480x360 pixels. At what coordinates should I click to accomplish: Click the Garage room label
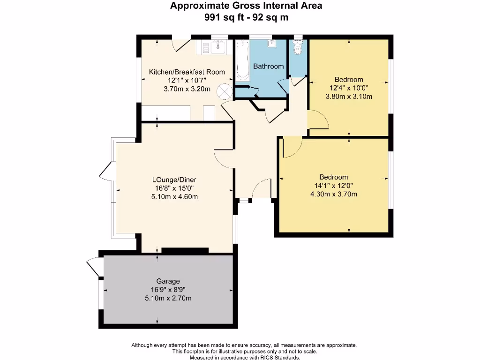click(172, 281)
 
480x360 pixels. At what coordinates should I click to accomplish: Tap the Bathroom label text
click(269, 67)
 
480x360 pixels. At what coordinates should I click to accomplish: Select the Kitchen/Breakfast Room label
click(187, 72)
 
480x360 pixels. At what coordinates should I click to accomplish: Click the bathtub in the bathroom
click(242, 61)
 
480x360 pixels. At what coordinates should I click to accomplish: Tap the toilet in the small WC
click(297, 48)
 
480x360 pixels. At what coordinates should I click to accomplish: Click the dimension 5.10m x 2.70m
click(172, 298)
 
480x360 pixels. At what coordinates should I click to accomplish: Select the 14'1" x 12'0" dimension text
click(334, 186)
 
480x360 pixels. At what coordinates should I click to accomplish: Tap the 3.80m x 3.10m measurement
click(349, 97)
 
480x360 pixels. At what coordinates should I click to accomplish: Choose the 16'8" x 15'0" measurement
click(174, 188)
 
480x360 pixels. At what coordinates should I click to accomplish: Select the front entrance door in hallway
click(261, 189)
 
